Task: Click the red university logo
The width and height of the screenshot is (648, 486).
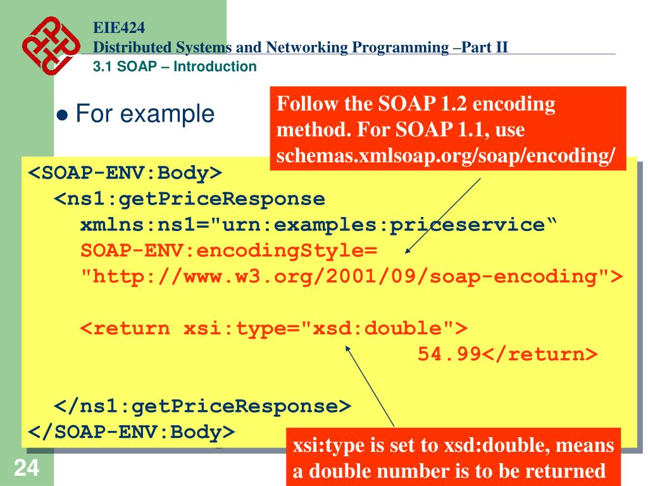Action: (51, 46)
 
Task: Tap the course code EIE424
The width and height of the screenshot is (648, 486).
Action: (119, 28)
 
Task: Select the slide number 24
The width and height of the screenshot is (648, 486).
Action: (27, 468)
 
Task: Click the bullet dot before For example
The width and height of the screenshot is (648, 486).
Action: (62, 115)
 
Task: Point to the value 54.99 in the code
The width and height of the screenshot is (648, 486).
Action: (449, 354)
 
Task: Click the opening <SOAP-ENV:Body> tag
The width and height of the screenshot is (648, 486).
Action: (125, 173)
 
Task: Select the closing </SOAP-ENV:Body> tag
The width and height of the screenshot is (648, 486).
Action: (132, 432)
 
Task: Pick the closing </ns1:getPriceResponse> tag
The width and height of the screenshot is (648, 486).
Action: (202, 406)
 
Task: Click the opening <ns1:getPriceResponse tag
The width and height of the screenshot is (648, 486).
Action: (190, 199)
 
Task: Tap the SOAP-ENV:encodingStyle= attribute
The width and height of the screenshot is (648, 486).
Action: (229, 251)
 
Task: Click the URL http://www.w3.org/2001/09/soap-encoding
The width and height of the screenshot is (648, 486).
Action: (346, 277)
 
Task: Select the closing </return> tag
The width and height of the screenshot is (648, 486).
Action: (540, 354)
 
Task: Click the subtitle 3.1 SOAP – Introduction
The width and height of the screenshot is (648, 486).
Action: (175, 66)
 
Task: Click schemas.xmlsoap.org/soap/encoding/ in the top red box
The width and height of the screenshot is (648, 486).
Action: (445, 156)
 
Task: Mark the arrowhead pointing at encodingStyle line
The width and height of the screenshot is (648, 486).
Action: (408, 251)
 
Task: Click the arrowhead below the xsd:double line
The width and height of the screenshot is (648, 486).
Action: (348, 349)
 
